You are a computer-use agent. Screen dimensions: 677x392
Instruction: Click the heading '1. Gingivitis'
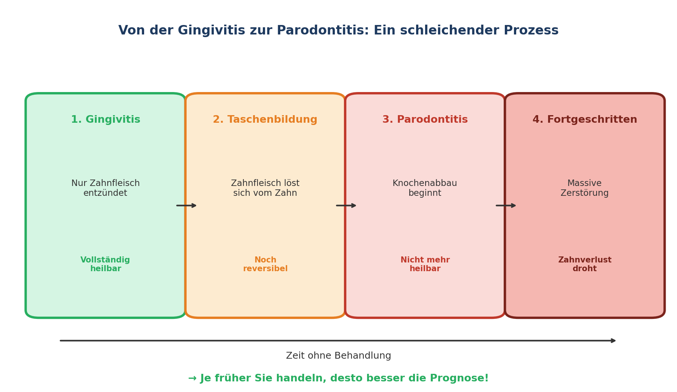click(105, 120)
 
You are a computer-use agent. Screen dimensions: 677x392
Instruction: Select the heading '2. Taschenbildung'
click(265, 120)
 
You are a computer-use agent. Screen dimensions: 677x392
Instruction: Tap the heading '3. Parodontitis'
click(425, 120)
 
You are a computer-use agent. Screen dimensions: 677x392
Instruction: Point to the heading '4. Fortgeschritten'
click(584, 120)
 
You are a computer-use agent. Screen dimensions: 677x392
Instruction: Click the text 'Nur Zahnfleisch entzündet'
click(105, 188)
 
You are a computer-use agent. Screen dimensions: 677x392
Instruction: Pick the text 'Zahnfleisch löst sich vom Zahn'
click(265, 188)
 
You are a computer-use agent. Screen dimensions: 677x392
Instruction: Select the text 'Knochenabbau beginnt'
click(425, 188)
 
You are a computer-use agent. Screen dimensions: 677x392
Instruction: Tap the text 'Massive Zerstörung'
click(584, 188)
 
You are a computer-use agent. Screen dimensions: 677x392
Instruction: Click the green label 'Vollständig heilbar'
click(105, 264)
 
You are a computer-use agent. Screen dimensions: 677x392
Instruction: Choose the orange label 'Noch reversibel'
click(265, 264)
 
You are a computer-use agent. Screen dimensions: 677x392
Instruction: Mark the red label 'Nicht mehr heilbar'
click(425, 264)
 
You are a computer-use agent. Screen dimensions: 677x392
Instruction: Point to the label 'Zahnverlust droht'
click(584, 264)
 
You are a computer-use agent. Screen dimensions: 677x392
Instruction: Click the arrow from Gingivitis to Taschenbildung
click(186, 206)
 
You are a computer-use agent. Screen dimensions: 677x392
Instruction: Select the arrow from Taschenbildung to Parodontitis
click(346, 206)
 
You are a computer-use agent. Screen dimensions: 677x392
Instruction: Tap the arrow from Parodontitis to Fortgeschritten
click(506, 206)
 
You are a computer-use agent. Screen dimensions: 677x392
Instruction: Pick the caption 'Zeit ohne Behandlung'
click(338, 356)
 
